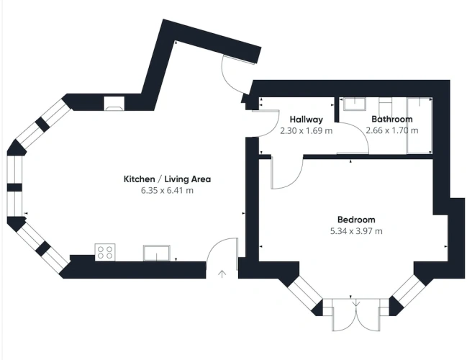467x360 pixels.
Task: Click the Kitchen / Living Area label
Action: (167, 179)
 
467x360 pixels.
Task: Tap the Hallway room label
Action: (306, 120)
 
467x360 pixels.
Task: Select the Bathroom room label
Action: (392, 120)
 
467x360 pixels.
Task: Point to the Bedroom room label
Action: (356, 220)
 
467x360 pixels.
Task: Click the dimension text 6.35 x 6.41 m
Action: (167, 190)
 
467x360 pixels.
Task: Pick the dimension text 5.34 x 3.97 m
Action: (356, 231)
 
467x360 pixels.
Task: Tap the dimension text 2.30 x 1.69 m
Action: (306, 131)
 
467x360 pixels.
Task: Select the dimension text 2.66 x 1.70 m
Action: (392, 130)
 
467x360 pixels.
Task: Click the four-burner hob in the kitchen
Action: (105, 252)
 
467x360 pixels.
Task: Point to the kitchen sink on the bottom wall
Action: (157, 253)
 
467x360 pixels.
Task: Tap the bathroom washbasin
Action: (355, 104)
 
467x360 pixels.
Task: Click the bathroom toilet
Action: (386, 107)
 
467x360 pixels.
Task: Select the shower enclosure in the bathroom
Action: (420, 125)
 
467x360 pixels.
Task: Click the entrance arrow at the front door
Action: (222, 274)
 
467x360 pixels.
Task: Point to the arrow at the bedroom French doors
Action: (356, 303)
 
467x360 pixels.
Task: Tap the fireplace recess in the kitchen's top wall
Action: (114, 104)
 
